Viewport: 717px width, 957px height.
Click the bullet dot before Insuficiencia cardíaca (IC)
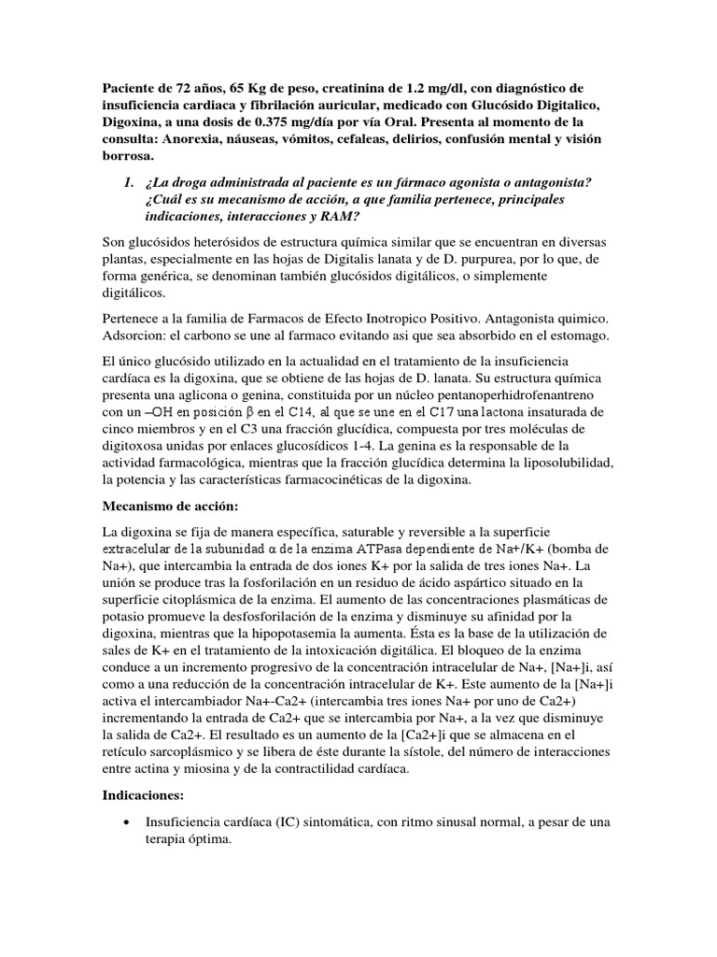pyautogui.click(x=126, y=821)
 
